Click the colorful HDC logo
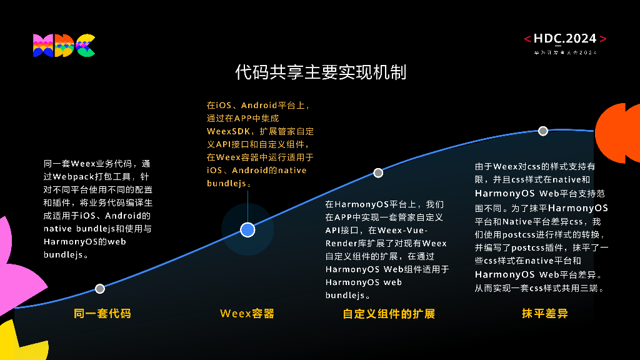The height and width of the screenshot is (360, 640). tap(64, 46)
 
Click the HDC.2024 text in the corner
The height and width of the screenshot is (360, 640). tap(565, 39)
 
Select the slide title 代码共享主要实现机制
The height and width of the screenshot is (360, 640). tap(321, 72)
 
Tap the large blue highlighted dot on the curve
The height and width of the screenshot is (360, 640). tap(247, 230)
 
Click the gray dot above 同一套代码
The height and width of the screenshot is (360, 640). tap(100, 289)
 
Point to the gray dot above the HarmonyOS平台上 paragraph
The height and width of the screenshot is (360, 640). tap(378, 172)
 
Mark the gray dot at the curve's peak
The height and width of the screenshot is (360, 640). tap(543, 131)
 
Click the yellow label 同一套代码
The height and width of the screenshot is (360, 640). tap(102, 314)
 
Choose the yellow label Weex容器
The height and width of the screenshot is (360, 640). tap(247, 314)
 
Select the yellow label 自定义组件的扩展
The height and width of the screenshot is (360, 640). tap(389, 314)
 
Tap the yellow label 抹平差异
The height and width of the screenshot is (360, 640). tap(545, 314)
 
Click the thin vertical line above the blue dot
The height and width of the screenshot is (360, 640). tap(247, 204)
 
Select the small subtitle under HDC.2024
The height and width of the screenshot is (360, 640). tap(565, 52)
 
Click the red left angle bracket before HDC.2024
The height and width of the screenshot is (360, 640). tap(527, 39)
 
